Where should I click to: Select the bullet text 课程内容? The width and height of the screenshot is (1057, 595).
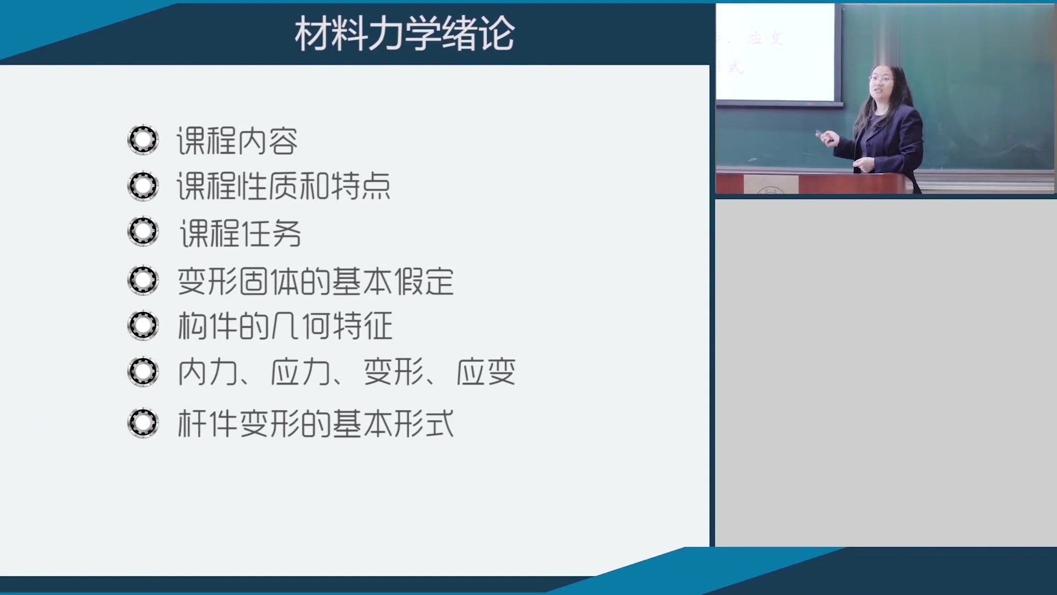point(237,141)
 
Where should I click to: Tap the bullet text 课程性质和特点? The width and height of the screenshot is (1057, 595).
point(284,186)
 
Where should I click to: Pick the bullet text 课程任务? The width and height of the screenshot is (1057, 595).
point(241,233)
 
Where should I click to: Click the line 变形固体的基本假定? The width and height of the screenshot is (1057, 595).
point(315,281)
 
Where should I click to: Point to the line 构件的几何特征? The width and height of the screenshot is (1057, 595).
point(285,326)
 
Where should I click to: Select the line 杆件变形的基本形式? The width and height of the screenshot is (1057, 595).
point(315,424)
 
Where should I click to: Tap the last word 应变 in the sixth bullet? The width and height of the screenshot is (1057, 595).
point(486,372)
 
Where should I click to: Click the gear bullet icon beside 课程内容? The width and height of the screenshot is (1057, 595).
point(143,140)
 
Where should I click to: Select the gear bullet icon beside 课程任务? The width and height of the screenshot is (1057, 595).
point(143,231)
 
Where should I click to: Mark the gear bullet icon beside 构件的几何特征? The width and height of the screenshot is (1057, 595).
point(143,325)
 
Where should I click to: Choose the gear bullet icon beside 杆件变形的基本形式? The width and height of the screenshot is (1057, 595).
point(143,423)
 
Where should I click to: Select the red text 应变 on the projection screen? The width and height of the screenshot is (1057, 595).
point(766,39)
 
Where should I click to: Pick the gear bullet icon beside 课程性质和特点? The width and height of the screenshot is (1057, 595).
point(143,186)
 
